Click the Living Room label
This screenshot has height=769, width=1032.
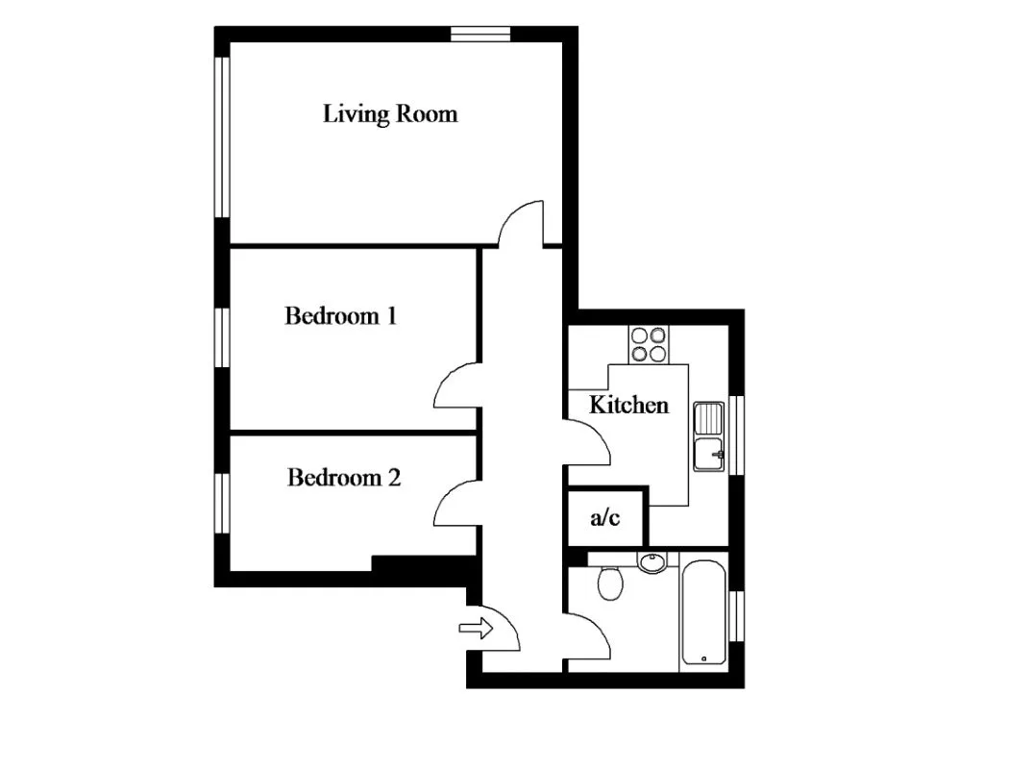pyautogui.click(x=389, y=113)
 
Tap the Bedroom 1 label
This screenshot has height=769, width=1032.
pyautogui.click(x=340, y=316)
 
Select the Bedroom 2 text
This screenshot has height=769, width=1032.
pyautogui.click(x=344, y=478)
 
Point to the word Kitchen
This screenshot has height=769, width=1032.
pyautogui.click(x=628, y=405)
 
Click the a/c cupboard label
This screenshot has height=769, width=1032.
pyautogui.click(x=604, y=517)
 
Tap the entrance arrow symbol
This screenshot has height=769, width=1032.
pyautogui.click(x=476, y=628)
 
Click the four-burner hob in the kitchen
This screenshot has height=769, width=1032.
pyautogui.click(x=649, y=344)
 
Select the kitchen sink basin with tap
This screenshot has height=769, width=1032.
pyautogui.click(x=709, y=455)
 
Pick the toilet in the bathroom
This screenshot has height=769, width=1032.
pyautogui.click(x=610, y=583)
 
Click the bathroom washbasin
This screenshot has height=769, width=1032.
pyautogui.click(x=652, y=562)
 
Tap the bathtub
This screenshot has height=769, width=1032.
pyautogui.click(x=703, y=612)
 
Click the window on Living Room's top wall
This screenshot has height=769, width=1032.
pyautogui.click(x=480, y=34)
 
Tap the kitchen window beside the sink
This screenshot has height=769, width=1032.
pyautogui.click(x=737, y=434)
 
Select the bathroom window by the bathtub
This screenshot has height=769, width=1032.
pyautogui.click(x=737, y=615)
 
